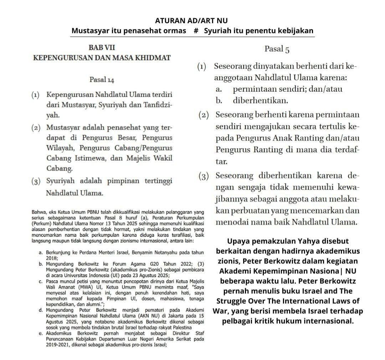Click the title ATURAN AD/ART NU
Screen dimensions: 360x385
tap(192, 20)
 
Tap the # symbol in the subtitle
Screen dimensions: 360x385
tap(196, 31)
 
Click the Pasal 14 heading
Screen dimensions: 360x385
tap(102, 80)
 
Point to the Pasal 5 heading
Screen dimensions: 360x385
tap(277, 49)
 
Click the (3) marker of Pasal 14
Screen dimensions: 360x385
tap(36, 181)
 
